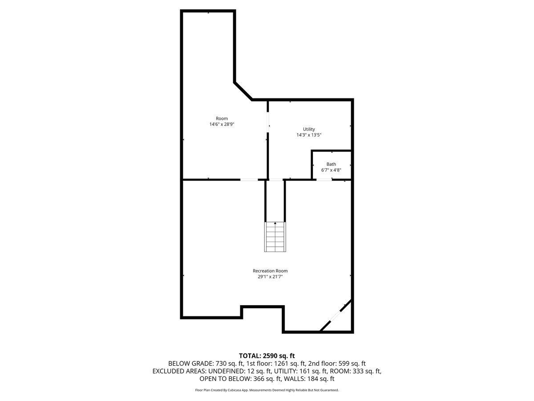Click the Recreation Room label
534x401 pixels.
270,271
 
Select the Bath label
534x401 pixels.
331,164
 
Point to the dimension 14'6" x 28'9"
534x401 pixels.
222,124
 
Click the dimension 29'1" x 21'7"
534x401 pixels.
270,277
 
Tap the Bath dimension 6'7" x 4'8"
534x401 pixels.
331,170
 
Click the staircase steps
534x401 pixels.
275,238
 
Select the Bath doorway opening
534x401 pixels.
324,180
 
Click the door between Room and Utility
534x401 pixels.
268,122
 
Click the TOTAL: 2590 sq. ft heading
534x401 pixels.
267,356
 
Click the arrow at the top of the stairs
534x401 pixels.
275,223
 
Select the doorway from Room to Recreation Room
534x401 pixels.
249,180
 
